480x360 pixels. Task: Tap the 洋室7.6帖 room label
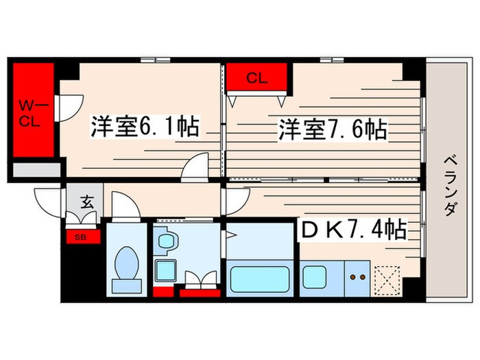click(332, 129)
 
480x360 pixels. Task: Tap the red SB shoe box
click(80, 238)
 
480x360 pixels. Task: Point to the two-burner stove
click(357, 278)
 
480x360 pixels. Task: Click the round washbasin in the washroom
click(166, 241)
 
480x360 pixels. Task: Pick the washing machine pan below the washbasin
click(165, 272)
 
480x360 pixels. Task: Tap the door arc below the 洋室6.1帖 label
click(196, 165)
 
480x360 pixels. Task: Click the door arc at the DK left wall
click(237, 199)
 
